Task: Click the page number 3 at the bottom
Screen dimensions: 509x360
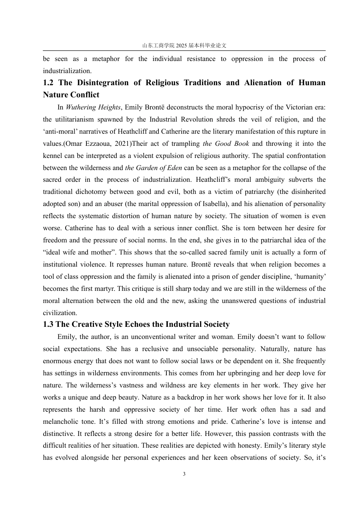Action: point(184,474)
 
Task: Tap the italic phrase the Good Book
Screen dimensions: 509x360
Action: point(226,144)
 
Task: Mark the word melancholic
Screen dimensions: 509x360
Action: point(61,422)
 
